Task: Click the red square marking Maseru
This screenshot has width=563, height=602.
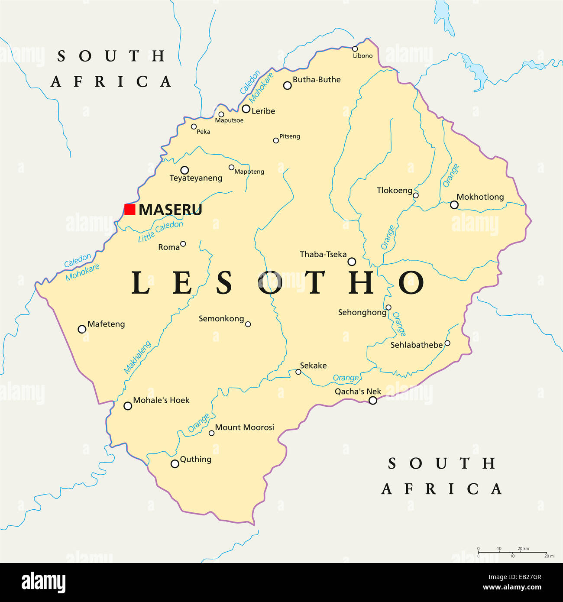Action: pos(130,210)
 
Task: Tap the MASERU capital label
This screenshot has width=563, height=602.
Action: pos(170,210)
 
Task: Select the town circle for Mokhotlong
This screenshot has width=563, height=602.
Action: pos(454,205)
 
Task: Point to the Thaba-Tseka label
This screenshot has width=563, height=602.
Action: pos(323,255)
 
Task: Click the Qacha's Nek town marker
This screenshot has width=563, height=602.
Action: pos(372,401)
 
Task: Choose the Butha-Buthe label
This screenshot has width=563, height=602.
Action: pos(317,80)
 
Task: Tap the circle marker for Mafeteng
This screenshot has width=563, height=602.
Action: pos(82,329)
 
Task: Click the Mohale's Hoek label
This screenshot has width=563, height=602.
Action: pos(161,401)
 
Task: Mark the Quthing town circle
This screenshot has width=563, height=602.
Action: pos(175,464)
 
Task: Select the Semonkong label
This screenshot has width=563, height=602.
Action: pos(221,319)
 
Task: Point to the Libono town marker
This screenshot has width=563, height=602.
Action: pos(355,49)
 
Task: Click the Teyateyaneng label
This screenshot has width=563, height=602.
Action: pos(196,178)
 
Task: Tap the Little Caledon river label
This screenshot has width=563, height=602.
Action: pos(160,232)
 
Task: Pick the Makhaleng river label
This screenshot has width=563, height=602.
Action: pos(137,357)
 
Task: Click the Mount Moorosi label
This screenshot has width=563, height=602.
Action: pos(245,427)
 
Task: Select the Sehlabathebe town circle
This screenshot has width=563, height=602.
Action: pos(447,343)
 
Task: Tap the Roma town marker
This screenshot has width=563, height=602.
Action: pos(183,244)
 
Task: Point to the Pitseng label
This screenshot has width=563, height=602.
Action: pos(289,136)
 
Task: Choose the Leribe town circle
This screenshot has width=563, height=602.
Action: pos(246,109)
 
